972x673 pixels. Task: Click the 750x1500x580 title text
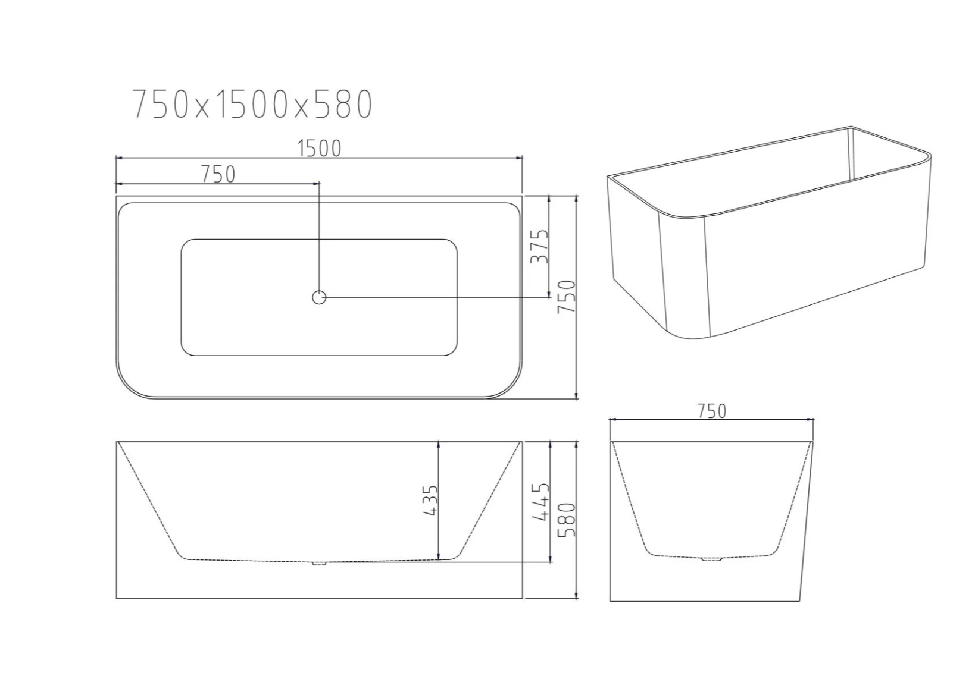[x=252, y=104]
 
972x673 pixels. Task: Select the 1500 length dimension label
[x=320, y=149]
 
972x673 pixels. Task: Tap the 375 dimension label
[x=540, y=246]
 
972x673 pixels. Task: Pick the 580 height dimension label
[x=566, y=520]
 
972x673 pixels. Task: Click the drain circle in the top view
[x=319, y=297]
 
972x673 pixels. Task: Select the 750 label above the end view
[x=712, y=411]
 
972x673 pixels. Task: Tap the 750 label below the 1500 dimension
[x=218, y=175]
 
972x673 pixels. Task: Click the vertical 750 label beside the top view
[x=566, y=297]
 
